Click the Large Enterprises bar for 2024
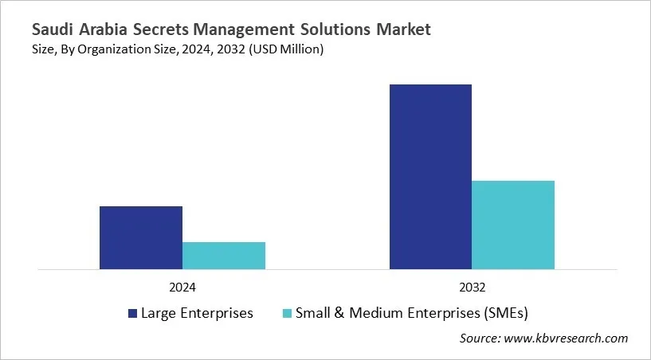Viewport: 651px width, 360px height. [141, 237]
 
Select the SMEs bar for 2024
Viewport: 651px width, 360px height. [224, 256]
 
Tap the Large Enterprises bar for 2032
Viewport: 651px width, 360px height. [430, 176]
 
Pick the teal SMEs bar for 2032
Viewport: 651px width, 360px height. [513, 225]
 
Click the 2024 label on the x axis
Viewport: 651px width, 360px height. [182, 287]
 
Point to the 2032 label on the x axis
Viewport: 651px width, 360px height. [473, 287]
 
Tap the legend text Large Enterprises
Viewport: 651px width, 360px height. [197, 313]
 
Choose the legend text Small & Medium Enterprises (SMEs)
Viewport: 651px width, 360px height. [412, 313]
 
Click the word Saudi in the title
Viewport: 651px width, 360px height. [53, 30]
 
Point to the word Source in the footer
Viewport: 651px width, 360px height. [480, 338]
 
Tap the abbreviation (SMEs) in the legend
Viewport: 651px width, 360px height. [506, 313]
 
